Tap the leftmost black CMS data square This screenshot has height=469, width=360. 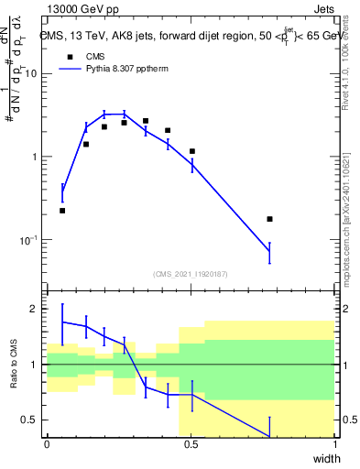click(62, 211)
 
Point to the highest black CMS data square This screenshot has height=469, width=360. click(146, 121)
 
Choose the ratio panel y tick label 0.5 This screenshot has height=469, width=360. click(31, 420)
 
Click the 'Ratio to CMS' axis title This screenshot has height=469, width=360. click(13, 364)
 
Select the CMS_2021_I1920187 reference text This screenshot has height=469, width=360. click(191, 273)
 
